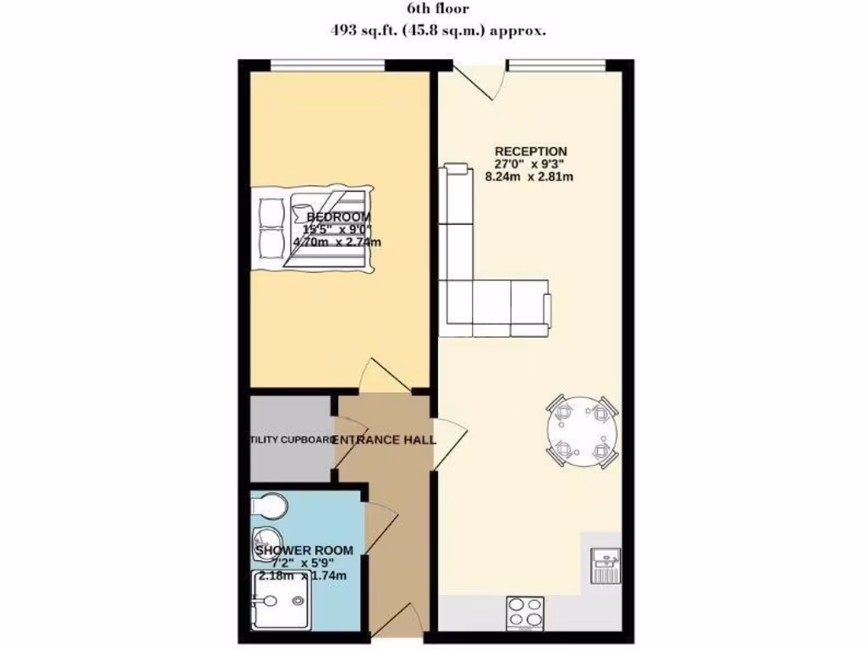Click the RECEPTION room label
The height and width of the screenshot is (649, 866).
coord(530,151)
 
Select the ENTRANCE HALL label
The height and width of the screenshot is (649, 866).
coord(384,440)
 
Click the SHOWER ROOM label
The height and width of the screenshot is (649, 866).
coord(304,550)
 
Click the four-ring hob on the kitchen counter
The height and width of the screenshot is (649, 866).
coord(524,611)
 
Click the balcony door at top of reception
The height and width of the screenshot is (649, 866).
coord(476,80)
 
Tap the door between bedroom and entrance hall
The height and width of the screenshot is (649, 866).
coord(385,376)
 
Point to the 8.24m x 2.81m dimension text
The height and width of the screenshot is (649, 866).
coord(529,177)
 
